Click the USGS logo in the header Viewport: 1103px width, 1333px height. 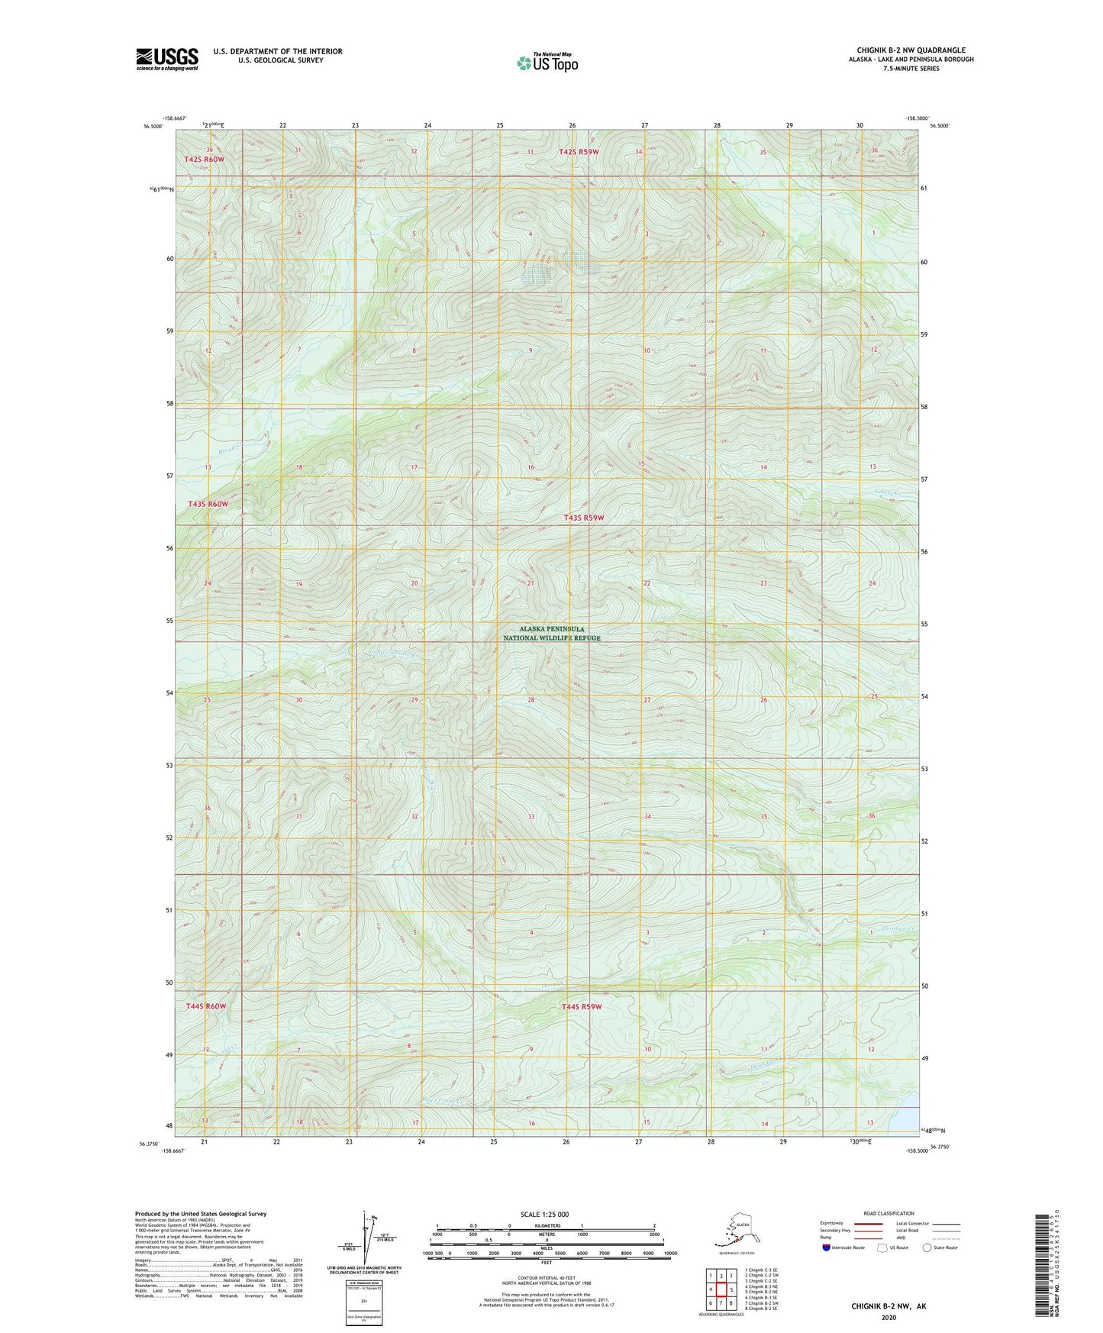166,59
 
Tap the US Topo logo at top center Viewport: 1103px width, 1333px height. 547,63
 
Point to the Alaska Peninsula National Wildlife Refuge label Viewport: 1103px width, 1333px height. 552,634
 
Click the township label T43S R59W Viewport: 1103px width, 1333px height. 583,518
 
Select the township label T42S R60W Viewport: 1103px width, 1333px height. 204,159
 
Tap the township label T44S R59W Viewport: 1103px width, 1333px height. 582,1006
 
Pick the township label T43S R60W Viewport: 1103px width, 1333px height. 208,504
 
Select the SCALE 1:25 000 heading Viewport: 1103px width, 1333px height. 545,1214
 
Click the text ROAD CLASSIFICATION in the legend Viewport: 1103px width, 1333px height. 889,1213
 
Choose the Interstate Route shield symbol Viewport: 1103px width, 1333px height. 827,1248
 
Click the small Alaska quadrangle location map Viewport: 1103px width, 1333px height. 735,1231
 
